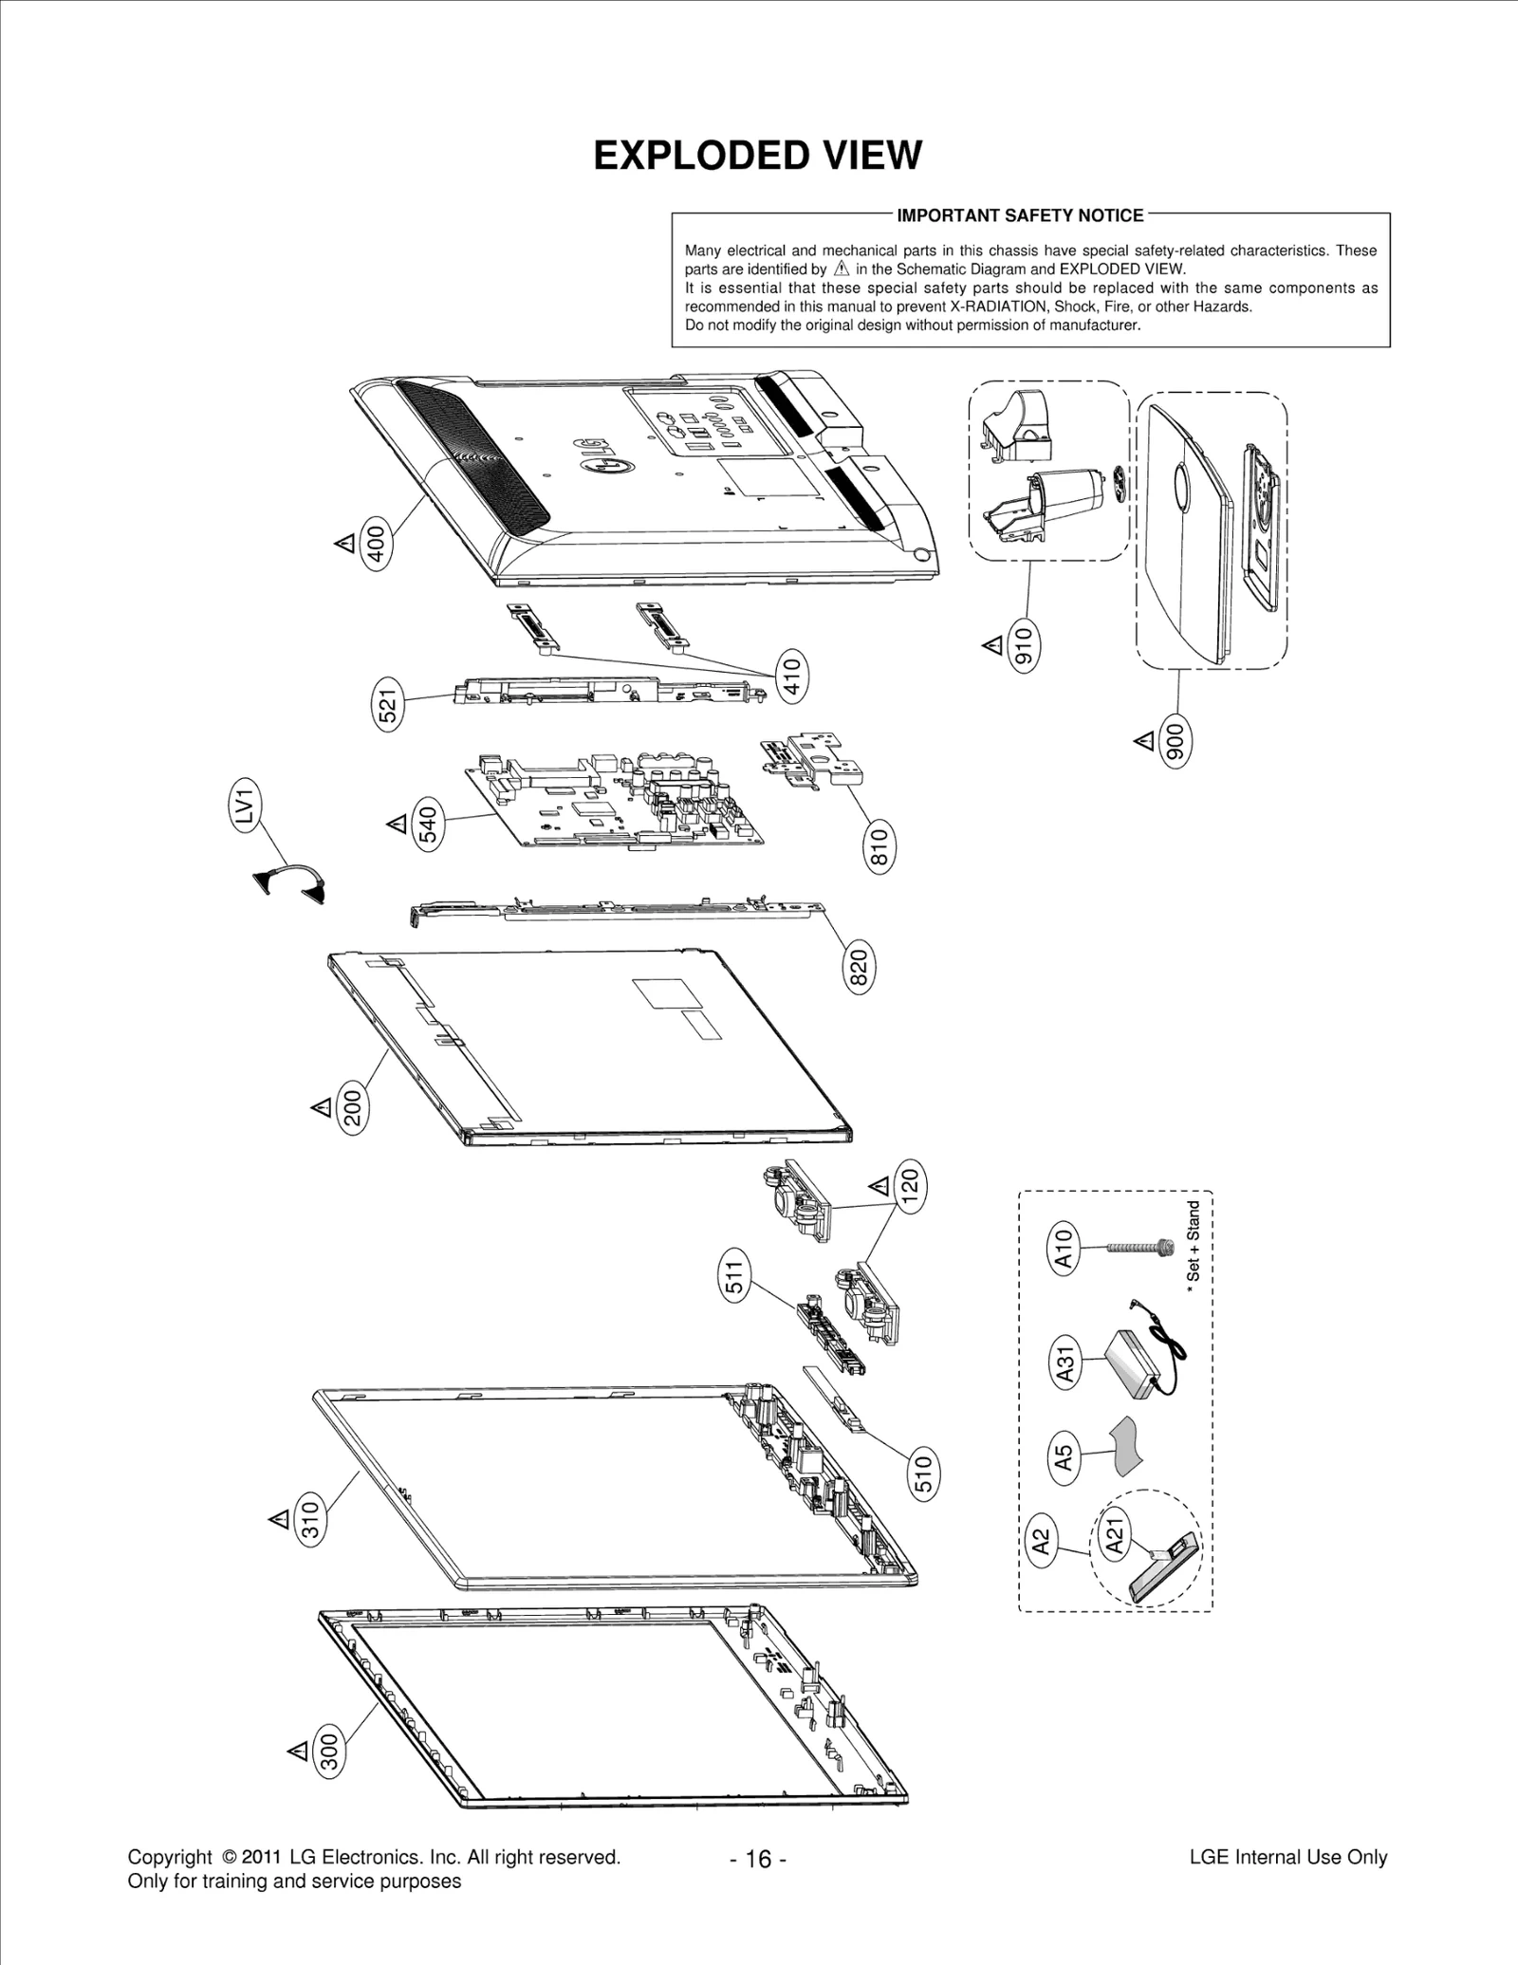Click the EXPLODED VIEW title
click(x=757, y=156)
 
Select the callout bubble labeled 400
click(x=378, y=545)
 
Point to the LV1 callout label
click(x=247, y=806)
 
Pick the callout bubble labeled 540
click(x=430, y=825)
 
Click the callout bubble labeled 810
click(x=879, y=848)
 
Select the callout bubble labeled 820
click(x=860, y=969)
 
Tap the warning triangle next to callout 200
click(x=321, y=1106)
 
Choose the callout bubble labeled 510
click(x=923, y=1473)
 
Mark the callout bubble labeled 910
click(x=1025, y=646)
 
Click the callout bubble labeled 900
click(x=1176, y=741)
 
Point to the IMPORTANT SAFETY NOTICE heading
click(x=1020, y=215)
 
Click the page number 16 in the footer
click(x=758, y=1859)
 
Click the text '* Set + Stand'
click(x=1194, y=1240)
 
